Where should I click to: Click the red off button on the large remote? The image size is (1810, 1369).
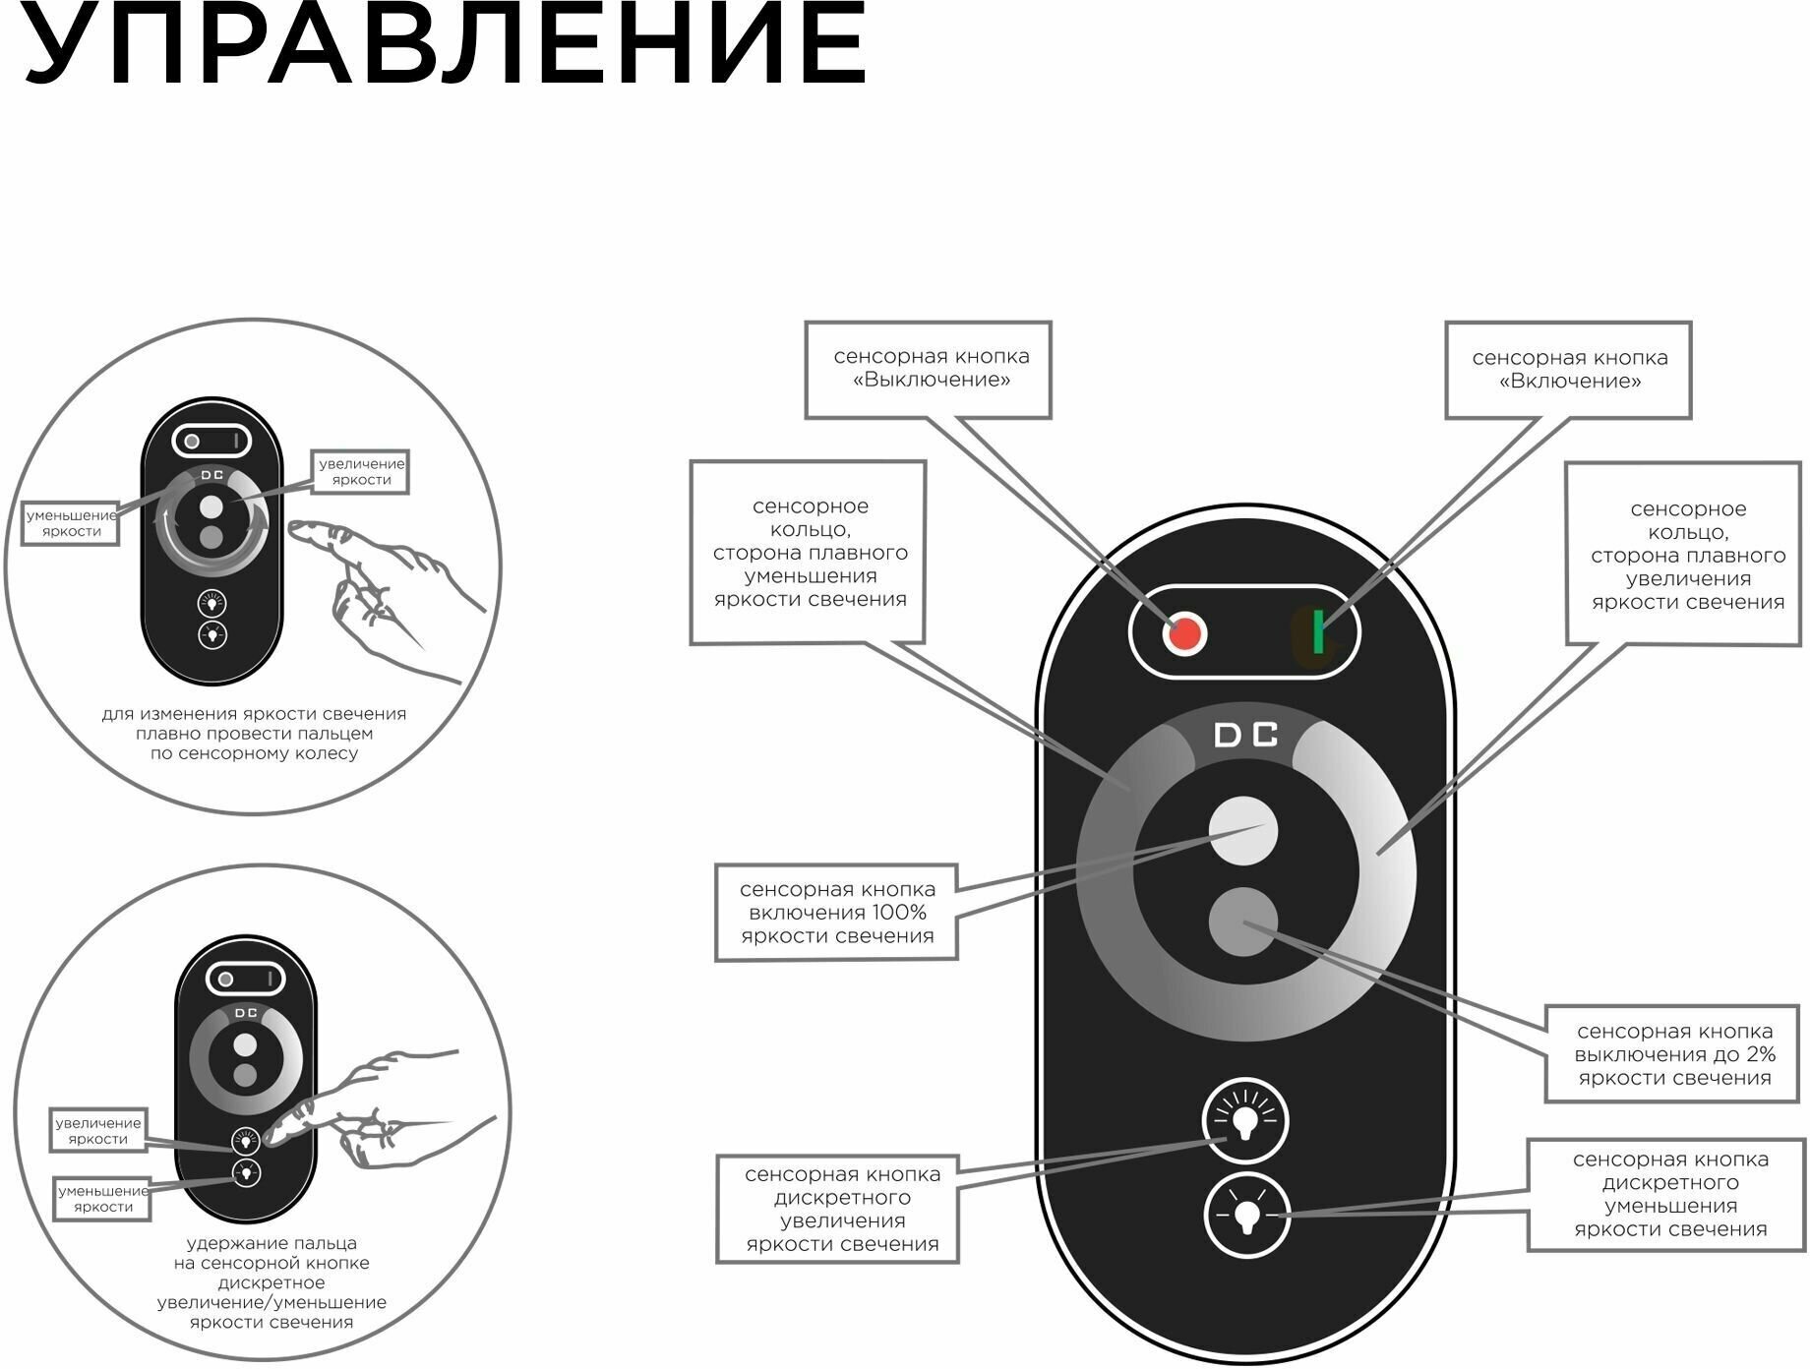1184,634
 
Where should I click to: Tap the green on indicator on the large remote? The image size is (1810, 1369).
1317,631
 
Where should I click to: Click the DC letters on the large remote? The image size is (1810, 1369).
1245,736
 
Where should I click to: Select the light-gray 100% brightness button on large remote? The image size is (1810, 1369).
1242,831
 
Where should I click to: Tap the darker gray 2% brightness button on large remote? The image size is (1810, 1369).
1242,922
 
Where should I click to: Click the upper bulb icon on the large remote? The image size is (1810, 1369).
1245,1121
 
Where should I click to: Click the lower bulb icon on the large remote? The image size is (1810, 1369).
1246,1215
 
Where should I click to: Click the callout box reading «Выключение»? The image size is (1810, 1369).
928,370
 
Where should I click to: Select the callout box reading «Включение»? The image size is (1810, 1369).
1568,370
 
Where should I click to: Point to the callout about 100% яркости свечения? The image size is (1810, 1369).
836,913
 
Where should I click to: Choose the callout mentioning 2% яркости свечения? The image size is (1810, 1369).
1674,1054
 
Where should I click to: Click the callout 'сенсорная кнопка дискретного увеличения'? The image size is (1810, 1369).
837,1209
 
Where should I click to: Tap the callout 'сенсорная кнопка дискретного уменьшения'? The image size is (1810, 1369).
1669,1195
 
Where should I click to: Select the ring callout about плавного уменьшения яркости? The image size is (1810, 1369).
808,553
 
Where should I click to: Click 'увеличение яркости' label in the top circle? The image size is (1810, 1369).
361,472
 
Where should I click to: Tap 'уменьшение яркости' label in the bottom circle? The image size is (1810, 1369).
102,1199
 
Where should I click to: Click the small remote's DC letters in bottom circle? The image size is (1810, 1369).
246,1013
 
